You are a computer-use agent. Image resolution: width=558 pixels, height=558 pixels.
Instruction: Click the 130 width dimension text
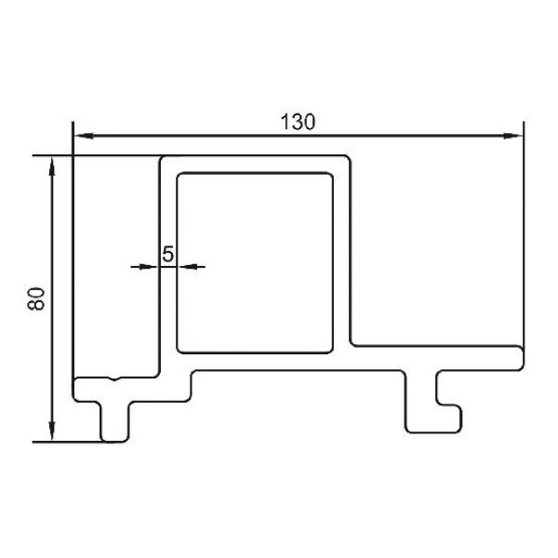[298, 122]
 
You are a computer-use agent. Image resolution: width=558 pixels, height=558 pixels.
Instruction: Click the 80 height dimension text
[36, 299]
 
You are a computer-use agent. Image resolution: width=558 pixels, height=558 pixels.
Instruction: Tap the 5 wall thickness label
[167, 254]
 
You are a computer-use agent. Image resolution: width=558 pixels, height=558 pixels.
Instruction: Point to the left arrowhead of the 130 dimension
[85, 136]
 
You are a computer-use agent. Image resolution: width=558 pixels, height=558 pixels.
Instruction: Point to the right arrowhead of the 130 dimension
[513, 136]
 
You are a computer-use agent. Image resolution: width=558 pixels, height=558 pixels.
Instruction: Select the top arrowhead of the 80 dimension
[52, 166]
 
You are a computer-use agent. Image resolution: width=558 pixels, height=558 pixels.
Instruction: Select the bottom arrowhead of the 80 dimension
[52, 432]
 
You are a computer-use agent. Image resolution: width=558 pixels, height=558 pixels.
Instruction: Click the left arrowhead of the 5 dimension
[149, 267]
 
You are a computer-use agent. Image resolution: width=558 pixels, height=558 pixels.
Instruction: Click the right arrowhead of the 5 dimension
[187, 267]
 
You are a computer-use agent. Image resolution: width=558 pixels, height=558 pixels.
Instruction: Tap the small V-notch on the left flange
[113, 379]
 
